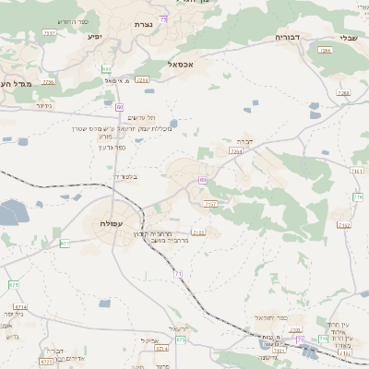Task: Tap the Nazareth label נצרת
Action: pos(144,23)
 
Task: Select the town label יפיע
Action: pos(94,37)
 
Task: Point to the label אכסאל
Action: pos(181,65)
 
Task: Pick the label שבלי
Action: pos(349,38)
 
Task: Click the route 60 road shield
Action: pos(120,108)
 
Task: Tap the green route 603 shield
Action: pos(107,69)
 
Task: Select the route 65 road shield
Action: pos(201,180)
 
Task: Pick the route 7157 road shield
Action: pos(211,204)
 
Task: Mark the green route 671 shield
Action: pos(65,243)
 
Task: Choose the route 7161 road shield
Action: pos(358,172)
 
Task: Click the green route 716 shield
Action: pos(358,197)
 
